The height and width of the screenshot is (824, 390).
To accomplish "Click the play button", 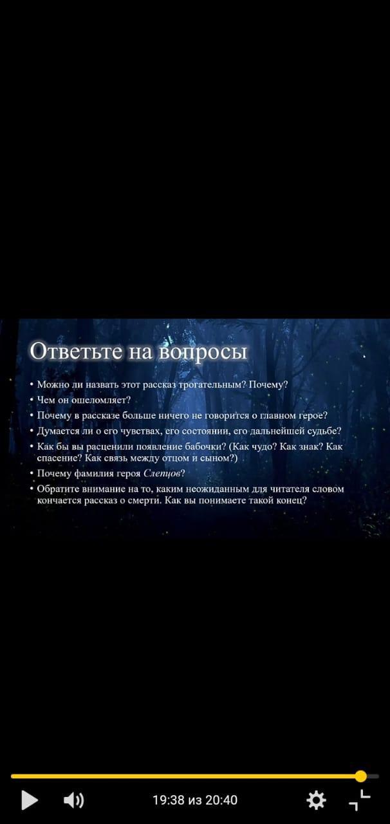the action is tap(30, 800).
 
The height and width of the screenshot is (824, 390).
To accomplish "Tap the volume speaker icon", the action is tap(73, 800).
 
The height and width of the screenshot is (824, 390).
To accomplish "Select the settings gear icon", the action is tap(316, 800).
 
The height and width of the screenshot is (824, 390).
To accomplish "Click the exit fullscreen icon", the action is tap(360, 800).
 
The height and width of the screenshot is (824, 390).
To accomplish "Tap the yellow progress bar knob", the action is tap(361, 776).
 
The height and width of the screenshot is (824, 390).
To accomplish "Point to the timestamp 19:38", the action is tap(169, 800).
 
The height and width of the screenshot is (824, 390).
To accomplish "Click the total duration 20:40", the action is tap(221, 800).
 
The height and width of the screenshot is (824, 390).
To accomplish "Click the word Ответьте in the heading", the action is tap(75, 351).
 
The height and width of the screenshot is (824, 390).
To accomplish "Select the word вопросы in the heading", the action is tap(203, 351).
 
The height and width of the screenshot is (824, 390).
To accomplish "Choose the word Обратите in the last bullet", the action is tap(58, 489).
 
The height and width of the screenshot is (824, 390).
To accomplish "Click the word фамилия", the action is tap(94, 473).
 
